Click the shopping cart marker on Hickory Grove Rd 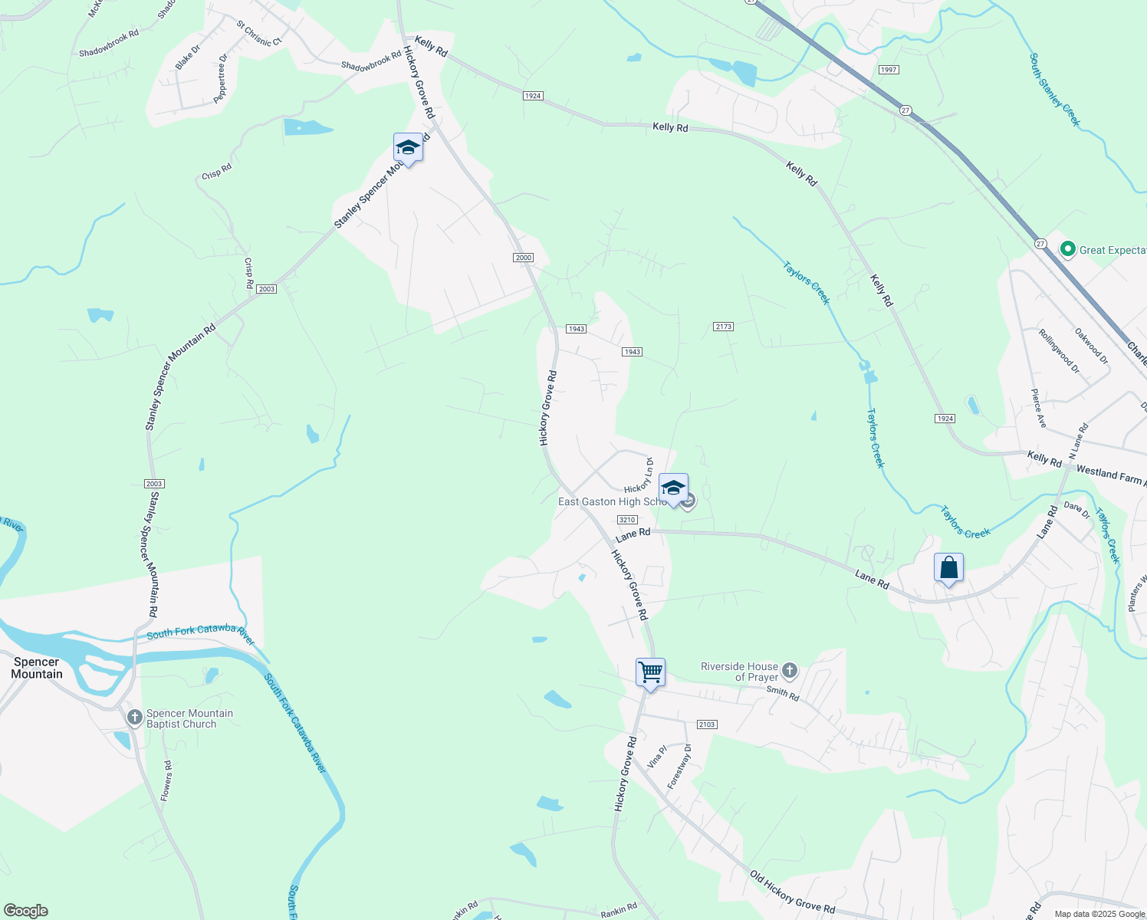tap(650, 672)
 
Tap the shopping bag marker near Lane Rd tap(948, 568)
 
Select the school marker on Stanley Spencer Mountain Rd tap(408, 147)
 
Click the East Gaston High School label tap(611, 501)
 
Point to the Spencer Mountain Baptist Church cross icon tap(135, 718)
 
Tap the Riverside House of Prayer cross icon tap(790, 672)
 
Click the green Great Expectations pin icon tap(1067, 249)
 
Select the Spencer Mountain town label tap(37, 668)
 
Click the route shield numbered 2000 tap(524, 258)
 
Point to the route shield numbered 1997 tap(889, 70)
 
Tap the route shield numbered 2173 tap(724, 327)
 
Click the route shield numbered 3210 tap(627, 520)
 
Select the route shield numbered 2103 tap(707, 724)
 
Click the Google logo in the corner tap(25, 911)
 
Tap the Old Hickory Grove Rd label tap(792, 892)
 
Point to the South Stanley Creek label tap(1055, 90)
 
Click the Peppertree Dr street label tap(221, 78)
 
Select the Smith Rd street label tap(783, 693)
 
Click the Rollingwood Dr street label tap(1059, 351)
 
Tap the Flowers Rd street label tap(166, 781)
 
